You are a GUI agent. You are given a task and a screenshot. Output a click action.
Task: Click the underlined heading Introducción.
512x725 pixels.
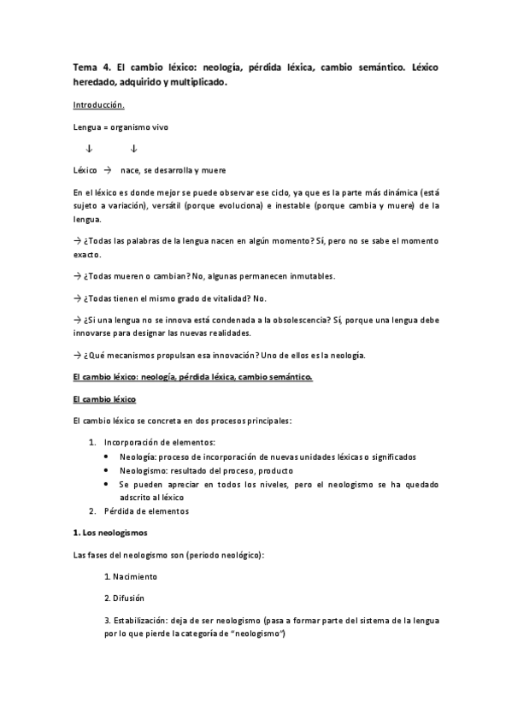pyautogui.click(x=99, y=105)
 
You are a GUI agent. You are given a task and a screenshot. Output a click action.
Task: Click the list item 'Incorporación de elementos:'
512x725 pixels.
pyautogui.click(x=160, y=442)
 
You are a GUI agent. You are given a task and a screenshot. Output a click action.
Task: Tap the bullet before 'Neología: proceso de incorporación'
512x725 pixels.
pyautogui.click(x=105, y=457)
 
